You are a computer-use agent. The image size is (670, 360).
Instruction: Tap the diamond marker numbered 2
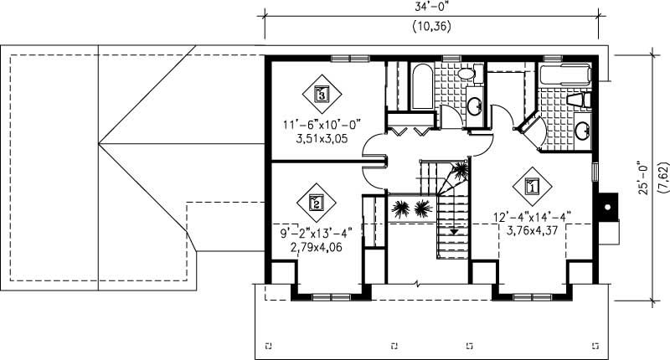tap(317, 201)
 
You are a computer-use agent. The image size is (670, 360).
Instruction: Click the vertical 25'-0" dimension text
tap(643, 178)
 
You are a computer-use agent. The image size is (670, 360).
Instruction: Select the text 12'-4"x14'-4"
tap(532, 216)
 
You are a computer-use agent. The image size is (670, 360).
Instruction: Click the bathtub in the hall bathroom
tap(422, 86)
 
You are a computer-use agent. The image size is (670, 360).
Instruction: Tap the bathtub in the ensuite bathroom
tap(565, 75)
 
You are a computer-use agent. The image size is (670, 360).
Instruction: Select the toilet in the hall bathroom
tap(466, 75)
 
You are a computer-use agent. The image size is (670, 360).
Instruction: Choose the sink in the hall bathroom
tap(473, 106)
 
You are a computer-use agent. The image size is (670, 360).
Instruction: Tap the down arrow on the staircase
tap(454, 232)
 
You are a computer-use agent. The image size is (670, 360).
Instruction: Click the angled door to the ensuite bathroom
tap(526, 124)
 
